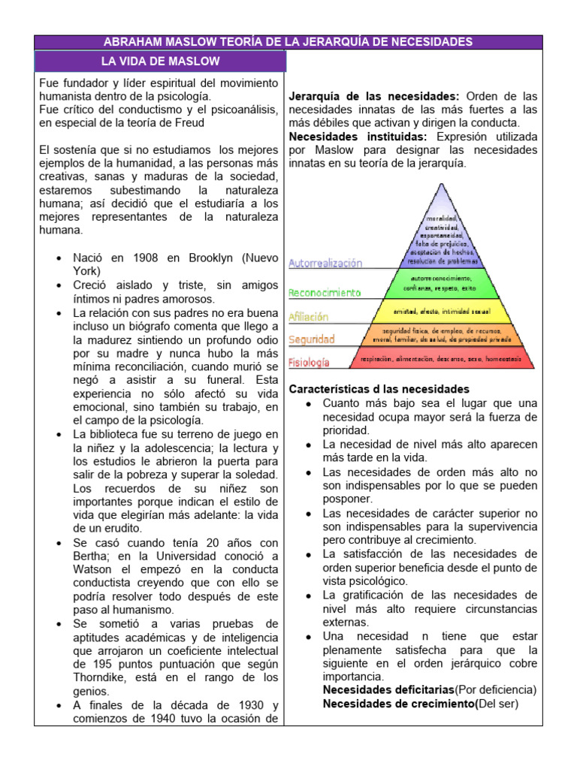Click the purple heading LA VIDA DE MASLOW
point(161,61)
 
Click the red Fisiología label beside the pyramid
point(310,362)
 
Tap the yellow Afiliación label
point(310,316)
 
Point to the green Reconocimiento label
point(325,292)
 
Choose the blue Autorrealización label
point(325,264)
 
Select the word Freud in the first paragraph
point(188,122)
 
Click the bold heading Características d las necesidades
point(379,389)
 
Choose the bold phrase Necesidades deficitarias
point(388,689)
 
